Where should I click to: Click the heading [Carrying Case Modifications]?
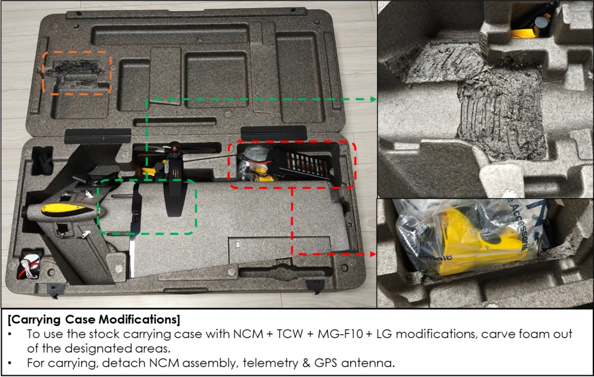(94, 319)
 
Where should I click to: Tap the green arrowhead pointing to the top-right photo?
(373, 99)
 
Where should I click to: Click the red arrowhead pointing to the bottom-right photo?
(373, 254)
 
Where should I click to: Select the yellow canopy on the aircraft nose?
(66, 210)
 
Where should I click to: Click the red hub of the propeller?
(175, 149)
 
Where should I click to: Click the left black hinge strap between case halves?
(97, 136)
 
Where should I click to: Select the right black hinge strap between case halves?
(274, 134)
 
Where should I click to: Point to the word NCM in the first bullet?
(248, 334)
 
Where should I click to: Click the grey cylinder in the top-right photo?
(543, 22)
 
